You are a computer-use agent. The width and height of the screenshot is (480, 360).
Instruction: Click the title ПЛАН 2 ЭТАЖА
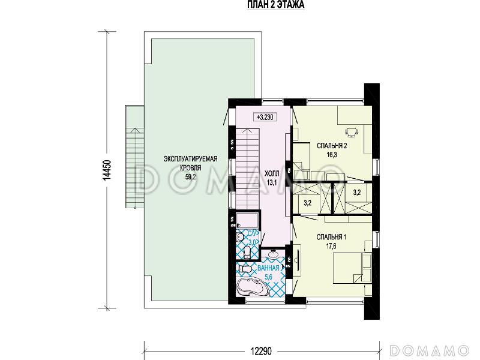coord(276,5)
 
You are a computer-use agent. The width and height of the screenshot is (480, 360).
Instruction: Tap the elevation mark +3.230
coord(265,117)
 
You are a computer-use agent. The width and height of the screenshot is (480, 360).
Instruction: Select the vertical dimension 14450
coord(106,170)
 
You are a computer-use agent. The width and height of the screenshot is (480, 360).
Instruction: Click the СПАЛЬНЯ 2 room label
coord(332,146)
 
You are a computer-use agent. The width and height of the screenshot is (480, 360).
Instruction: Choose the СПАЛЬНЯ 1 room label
coord(331,237)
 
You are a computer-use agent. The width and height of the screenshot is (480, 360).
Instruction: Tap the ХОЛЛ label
coord(272,174)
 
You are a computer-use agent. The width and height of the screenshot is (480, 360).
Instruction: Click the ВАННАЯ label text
coord(268,268)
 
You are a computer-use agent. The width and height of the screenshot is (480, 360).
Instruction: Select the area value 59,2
coord(190,176)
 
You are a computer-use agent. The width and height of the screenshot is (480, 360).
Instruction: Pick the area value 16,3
coord(332,155)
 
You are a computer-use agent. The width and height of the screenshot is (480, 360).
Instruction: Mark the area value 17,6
coord(331,246)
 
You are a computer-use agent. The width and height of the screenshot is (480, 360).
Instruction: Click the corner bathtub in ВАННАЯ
coord(253,287)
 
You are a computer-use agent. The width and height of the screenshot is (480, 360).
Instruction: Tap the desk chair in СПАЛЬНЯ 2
coord(351,132)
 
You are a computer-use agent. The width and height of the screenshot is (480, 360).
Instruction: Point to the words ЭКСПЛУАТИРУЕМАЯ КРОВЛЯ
coord(190,163)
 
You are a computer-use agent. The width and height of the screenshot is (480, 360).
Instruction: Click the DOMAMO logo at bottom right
coord(430,350)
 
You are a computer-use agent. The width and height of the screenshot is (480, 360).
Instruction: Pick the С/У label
coord(253,233)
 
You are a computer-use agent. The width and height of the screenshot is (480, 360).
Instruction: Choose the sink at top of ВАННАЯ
coord(273,254)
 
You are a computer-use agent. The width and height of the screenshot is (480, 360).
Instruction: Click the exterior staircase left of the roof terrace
coord(134,157)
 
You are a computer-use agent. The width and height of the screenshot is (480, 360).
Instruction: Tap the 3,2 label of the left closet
coord(307,202)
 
